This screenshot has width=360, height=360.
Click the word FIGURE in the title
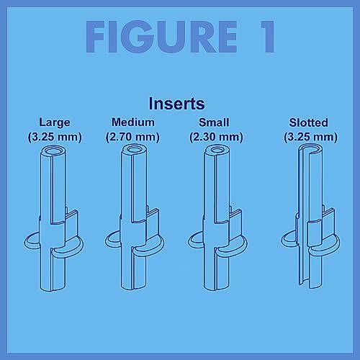(161, 37)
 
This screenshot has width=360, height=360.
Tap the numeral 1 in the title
(268, 37)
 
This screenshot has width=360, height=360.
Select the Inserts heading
(177, 104)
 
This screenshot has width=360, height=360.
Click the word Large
(55, 122)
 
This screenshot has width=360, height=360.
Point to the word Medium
(133, 122)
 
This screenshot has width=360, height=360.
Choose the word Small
(214, 122)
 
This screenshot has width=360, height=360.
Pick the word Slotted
(308, 122)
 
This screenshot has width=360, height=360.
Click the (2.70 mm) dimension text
(132, 137)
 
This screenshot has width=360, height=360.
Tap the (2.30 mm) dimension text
(216, 137)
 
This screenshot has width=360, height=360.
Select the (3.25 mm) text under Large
(55, 137)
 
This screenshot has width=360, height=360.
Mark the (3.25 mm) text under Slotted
(310, 137)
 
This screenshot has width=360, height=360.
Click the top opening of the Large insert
(53, 151)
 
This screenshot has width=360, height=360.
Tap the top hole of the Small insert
(217, 150)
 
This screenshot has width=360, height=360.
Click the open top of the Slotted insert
(311, 149)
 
